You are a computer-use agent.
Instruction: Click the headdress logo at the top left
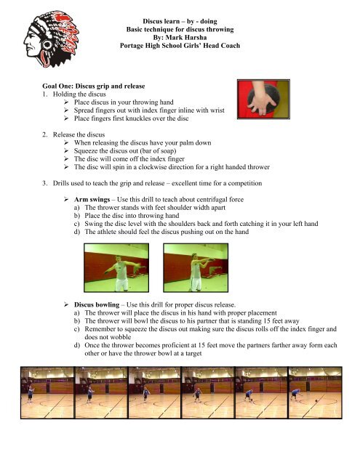click(51, 39)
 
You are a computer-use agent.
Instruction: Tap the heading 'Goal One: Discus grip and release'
click(94, 86)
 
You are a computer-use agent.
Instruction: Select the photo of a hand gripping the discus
click(263, 100)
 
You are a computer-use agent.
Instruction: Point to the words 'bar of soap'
click(158, 150)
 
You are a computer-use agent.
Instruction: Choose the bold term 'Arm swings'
click(92, 199)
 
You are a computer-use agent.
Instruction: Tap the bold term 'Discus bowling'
click(97, 304)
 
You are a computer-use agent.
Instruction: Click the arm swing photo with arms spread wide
click(116, 268)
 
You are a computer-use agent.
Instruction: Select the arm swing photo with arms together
click(196, 268)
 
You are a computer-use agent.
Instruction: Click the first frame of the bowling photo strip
click(47, 392)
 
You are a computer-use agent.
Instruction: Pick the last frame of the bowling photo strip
click(315, 392)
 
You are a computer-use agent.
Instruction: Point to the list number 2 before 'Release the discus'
click(44, 134)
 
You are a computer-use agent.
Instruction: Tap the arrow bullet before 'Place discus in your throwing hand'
click(66, 102)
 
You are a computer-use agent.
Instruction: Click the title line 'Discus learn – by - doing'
click(180, 21)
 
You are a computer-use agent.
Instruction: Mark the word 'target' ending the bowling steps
click(193, 353)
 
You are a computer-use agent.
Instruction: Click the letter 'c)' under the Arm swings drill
click(77, 224)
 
